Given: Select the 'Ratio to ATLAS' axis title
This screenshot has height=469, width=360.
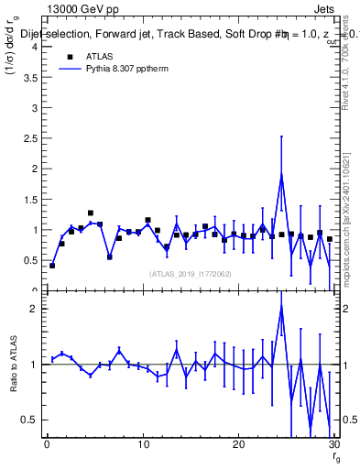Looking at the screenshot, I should pyautogui.click(x=12, y=364).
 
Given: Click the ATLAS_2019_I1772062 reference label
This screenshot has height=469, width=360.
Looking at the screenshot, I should pyautogui.click(x=190, y=274).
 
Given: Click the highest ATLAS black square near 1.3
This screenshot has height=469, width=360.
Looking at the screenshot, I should pyautogui.click(x=91, y=213).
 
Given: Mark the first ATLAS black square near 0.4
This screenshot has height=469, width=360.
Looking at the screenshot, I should pyautogui.click(x=52, y=266).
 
